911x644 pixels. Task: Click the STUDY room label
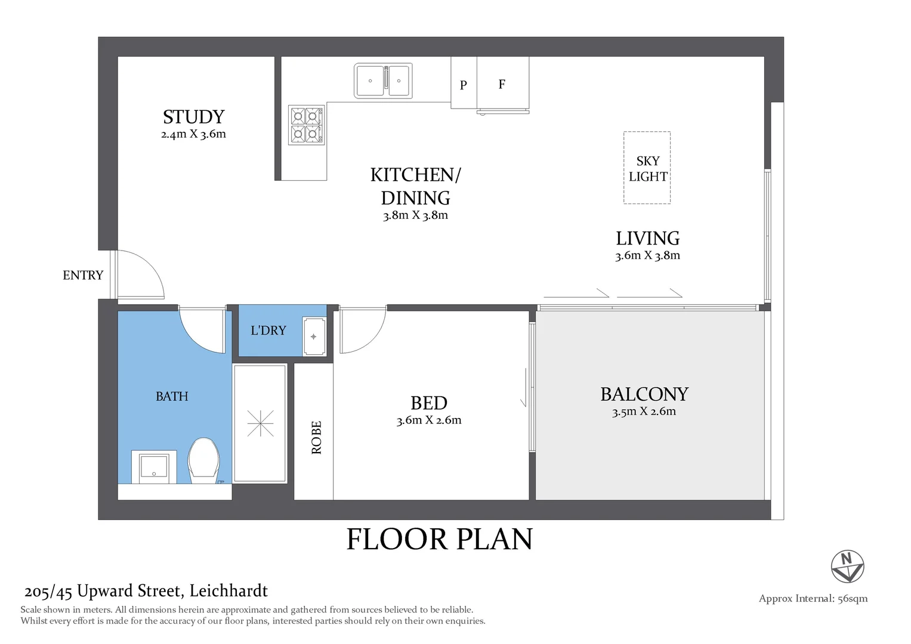[193, 117]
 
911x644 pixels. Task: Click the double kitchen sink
[382, 80]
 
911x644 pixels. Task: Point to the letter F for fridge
[502, 84]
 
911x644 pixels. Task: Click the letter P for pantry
[463, 85]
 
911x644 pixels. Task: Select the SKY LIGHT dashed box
[647, 168]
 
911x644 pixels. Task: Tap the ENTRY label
[83, 275]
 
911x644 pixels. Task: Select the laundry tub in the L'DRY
[314, 337]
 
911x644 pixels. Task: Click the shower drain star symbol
[260, 423]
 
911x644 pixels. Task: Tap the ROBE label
[316, 437]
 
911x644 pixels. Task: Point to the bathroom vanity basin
[154, 467]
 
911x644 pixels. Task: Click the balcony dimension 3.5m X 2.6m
[644, 411]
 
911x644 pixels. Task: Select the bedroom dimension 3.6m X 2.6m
[428, 420]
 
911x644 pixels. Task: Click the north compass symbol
[847, 566]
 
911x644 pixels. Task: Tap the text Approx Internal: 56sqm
[813, 599]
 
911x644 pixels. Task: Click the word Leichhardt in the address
[228, 591]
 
